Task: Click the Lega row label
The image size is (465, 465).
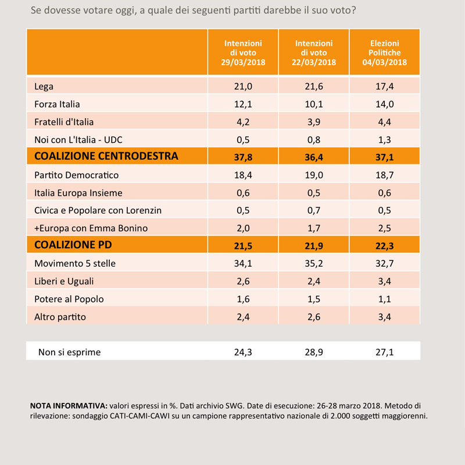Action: [x=44, y=86]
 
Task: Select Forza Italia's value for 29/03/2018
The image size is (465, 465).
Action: [x=243, y=104]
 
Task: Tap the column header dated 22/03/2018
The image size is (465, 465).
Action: [x=314, y=52]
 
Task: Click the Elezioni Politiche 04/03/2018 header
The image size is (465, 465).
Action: [x=384, y=52]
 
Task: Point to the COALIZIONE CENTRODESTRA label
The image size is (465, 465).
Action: [x=106, y=156]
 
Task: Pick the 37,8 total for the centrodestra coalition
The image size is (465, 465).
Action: [x=243, y=157]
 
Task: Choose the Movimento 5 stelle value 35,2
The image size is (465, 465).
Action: [x=314, y=263]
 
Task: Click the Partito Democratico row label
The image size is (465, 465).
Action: [x=77, y=175]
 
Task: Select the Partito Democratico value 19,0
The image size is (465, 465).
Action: [x=314, y=175]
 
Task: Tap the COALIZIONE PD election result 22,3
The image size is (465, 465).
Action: [x=384, y=246]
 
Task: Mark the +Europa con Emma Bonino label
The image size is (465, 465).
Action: [x=91, y=228]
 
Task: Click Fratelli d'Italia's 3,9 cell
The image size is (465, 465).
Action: [x=314, y=122]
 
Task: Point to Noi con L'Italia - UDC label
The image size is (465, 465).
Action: [x=78, y=139]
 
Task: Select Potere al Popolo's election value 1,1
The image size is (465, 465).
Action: [x=384, y=299]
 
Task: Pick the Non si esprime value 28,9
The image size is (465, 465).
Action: [x=314, y=352]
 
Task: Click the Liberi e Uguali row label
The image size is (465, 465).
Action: [x=64, y=281]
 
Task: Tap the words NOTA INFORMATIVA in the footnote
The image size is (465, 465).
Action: [x=69, y=405]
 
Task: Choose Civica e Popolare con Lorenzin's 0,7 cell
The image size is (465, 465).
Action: [x=314, y=210]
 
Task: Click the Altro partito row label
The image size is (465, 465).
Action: [x=60, y=317]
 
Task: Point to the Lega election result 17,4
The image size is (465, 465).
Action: [x=384, y=86]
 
